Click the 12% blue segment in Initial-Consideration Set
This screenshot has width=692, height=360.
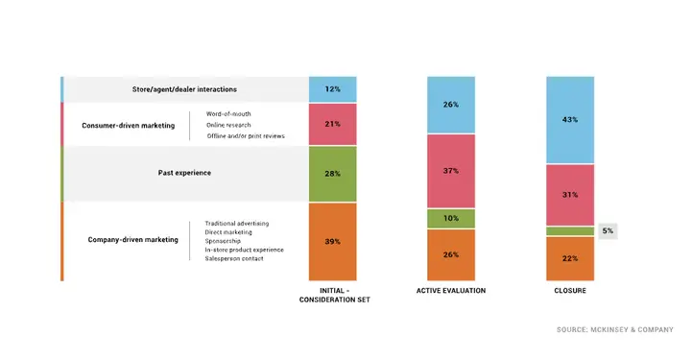332,89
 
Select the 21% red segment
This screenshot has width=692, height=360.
332,125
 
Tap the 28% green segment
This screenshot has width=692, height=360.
332,173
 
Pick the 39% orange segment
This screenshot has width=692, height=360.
332,241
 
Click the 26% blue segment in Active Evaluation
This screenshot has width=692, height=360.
451,105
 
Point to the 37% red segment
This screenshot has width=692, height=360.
451,170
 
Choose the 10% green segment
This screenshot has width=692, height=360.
451,218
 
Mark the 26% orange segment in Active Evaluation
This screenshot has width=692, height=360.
451,254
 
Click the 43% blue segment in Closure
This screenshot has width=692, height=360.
570,119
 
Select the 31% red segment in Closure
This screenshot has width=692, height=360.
570,195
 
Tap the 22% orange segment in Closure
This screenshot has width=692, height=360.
570,258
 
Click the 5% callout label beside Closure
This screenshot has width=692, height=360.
608,231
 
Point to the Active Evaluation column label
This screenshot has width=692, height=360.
451,290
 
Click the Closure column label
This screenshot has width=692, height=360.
570,290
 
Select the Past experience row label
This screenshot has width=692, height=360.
184,173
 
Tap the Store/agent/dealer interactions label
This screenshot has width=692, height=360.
184,89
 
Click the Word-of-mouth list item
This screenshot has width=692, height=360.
228,114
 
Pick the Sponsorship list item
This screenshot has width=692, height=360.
228,241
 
